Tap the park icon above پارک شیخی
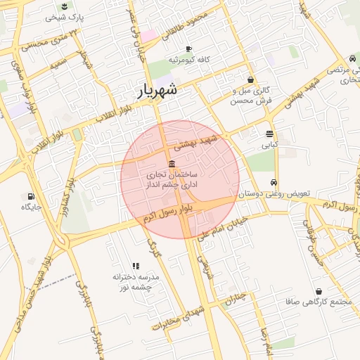point(65,6)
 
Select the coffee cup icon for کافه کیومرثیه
point(188,49)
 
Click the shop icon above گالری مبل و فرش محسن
point(251,80)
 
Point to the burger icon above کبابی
point(270,134)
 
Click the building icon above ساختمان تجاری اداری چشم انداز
point(172,163)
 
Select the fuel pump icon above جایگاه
point(30,196)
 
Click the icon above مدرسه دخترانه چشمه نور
point(136,266)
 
